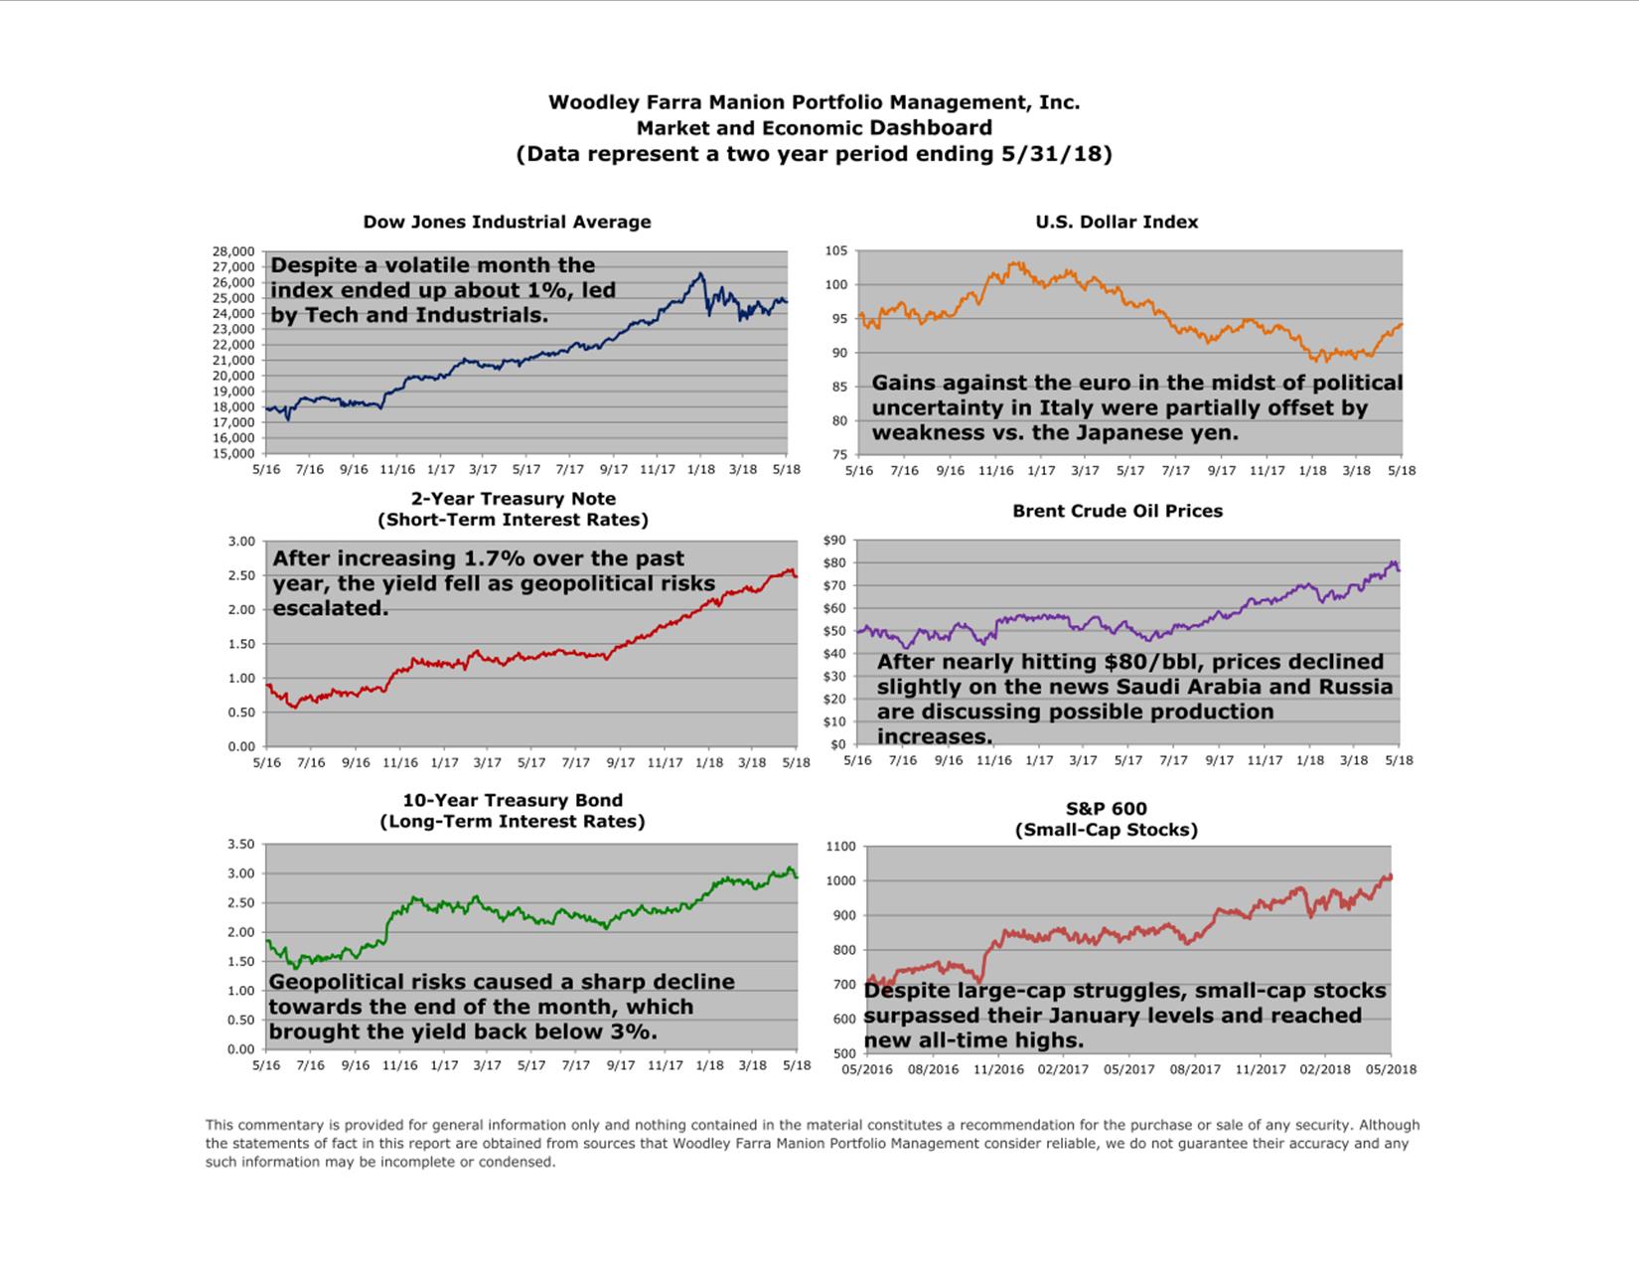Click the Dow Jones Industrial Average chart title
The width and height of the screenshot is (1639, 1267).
coord(507,222)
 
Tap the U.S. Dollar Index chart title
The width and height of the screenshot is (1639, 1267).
coord(1117,222)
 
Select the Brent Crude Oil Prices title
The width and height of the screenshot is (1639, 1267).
coord(1117,511)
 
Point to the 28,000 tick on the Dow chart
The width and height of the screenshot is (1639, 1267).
coord(233,251)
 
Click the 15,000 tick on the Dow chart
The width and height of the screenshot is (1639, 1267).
coord(233,453)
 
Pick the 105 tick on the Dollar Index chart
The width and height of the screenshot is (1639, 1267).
coord(836,250)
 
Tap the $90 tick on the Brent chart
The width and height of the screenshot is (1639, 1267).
coord(834,541)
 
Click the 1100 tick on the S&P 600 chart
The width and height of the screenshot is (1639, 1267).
coord(840,847)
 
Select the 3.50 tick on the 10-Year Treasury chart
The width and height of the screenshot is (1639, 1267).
coord(241,844)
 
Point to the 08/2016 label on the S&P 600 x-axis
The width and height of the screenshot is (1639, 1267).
coord(933,1069)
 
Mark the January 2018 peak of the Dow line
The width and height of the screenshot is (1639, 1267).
coord(700,274)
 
